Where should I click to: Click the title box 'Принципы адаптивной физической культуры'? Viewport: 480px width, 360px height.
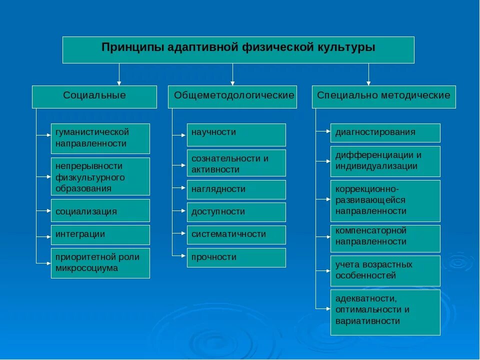[238, 49]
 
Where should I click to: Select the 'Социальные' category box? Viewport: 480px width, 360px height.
[94, 96]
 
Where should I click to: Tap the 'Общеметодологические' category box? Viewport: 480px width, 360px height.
[232, 96]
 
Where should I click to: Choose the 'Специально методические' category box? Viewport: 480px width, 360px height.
[384, 96]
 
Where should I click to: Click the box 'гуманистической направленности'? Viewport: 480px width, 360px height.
[100, 138]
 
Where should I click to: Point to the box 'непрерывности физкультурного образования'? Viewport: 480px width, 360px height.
[100, 176]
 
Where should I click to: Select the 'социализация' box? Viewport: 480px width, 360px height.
[100, 210]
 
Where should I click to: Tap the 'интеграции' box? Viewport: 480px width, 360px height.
[100, 234]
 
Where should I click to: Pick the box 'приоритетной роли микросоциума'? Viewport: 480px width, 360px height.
[100, 263]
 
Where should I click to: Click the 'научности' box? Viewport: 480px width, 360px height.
[236, 134]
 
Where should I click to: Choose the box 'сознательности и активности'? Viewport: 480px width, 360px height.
[236, 163]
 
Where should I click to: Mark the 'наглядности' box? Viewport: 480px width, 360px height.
[236, 189]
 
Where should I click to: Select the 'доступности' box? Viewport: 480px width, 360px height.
[236, 212]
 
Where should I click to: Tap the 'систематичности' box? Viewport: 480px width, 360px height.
[236, 234]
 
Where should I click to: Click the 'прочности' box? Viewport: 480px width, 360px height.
[236, 257]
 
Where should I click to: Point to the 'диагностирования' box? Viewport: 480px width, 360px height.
[385, 132]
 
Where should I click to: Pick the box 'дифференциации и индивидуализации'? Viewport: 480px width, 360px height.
[385, 161]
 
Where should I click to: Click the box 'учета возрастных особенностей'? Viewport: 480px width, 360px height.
[385, 270]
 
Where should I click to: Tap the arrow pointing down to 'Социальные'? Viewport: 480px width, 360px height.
[119, 75]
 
